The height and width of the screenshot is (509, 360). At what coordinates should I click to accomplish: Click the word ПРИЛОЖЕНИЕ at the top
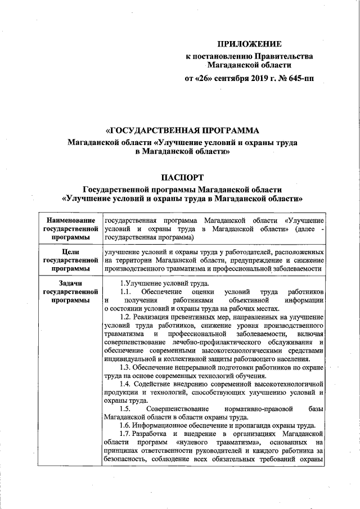pos(249,43)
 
